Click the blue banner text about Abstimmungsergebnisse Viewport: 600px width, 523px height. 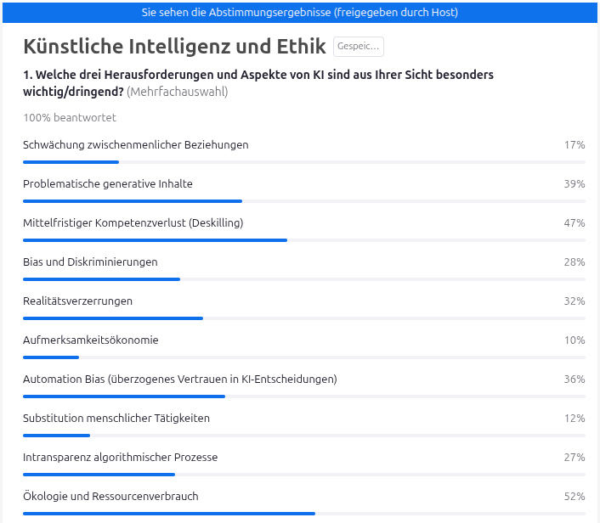coord(300,13)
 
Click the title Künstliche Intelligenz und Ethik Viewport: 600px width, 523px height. coord(173,47)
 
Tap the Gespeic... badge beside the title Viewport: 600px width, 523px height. coord(358,47)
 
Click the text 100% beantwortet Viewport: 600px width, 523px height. coord(70,118)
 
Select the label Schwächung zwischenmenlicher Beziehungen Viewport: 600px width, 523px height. coord(136,145)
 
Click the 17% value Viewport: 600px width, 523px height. coord(575,145)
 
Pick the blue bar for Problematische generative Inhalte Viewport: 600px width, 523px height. coord(133,201)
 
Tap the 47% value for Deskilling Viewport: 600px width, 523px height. coord(575,223)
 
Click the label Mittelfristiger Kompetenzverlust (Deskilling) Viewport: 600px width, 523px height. coord(133,223)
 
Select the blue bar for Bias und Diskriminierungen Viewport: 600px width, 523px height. coord(101,279)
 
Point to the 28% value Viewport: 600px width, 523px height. coord(575,262)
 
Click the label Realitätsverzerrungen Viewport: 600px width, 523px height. coord(78,301)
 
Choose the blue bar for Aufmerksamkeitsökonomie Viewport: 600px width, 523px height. coord(51,357)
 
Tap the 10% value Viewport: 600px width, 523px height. coord(575,340)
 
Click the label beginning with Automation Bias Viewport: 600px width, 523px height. coord(180,380)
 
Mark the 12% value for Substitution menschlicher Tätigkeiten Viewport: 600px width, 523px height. coord(575,419)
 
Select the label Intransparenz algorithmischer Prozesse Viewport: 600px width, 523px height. coord(121,458)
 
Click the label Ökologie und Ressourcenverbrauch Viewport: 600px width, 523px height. coord(110,497)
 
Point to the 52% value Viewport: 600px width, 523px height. coord(575,497)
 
